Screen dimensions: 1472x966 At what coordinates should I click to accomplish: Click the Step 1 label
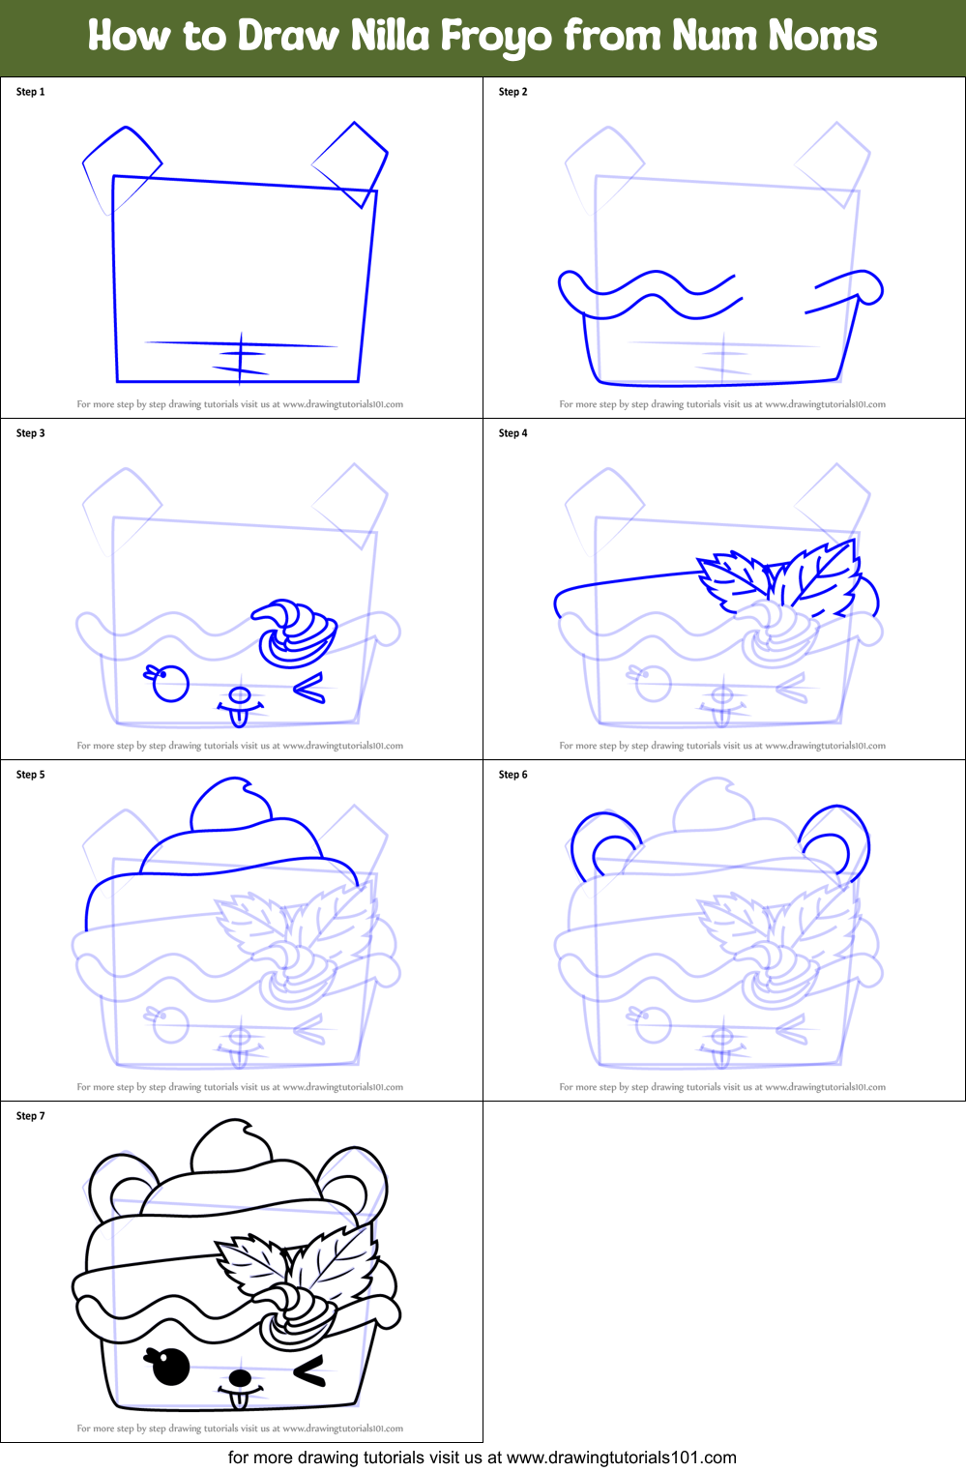pyautogui.click(x=31, y=92)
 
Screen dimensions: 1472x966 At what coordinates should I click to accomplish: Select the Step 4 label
pyautogui.click(x=512, y=433)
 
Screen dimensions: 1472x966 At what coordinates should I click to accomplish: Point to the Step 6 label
pyautogui.click(x=512, y=775)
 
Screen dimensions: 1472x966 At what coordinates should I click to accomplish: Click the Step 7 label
pyautogui.click(x=31, y=1116)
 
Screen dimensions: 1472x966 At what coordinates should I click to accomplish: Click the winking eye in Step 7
pyautogui.click(x=309, y=1371)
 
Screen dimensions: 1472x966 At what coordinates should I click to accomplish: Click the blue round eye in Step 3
pyautogui.click(x=171, y=684)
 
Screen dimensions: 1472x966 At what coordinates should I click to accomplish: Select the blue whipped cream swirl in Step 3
pyautogui.click(x=295, y=633)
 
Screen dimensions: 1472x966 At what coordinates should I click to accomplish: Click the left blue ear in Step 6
pyautogui.click(x=604, y=843)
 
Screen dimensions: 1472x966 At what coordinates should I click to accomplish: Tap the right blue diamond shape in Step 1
pyautogui.click(x=351, y=162)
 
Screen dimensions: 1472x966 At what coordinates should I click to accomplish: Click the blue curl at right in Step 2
pyautogui.click(x=865, y=287)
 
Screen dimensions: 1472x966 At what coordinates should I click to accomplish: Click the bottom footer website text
pyautogui.click(x=482, y=1457)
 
